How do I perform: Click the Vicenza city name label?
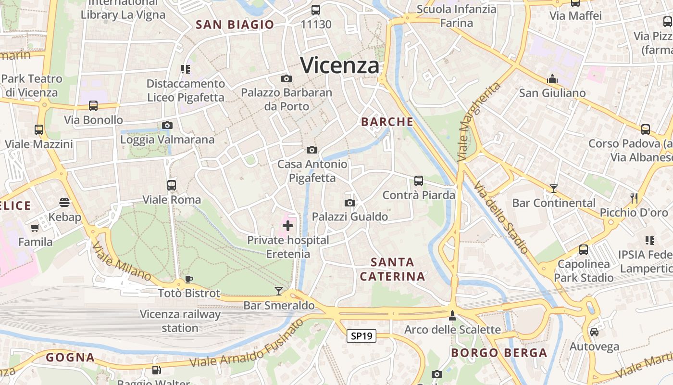tap(340, 65)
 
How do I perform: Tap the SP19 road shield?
tap(361, 336)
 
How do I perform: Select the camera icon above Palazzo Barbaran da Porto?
tap(287, 78)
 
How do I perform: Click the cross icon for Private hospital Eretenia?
tap(288, 225)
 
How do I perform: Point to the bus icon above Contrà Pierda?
tap(419, 181)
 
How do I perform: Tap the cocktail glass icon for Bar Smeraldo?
tap(279, 291)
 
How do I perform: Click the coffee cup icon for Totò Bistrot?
tap(189, 279)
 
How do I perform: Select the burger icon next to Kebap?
tap(64, 203)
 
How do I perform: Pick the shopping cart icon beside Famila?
tap(35, 228)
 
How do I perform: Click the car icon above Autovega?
tap(594, 332)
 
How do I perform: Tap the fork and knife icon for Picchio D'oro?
tap(634, 198)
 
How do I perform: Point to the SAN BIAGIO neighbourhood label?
tap(235, 25)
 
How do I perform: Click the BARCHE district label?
tap(387, 122)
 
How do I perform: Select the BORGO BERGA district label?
tap(499, 353)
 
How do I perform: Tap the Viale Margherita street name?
tap(478, 121)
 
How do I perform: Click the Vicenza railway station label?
tap(180, 321)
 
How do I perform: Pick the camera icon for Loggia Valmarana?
tap(167, 126)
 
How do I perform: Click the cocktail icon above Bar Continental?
tap(554, 188)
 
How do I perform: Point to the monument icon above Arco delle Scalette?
tap(452, 315)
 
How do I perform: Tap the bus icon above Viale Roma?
tap(172, 185)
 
